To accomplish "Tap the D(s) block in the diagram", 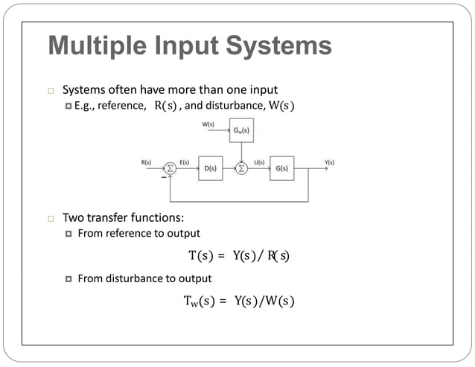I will point(211,168).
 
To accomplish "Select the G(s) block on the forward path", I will point(282,168).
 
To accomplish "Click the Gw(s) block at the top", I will point(241,130).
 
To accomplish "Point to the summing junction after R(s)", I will point(170,168).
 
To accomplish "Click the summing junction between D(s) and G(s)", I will point(241,168).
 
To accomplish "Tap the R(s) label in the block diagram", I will point(146,162).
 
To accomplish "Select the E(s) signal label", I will point(184,162).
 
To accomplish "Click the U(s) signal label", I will point(259,162).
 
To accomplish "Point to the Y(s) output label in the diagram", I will point(329,162).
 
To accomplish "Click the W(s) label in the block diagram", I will point(208,124).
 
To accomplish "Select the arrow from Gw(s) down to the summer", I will point(241,152).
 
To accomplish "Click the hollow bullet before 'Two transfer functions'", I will point(51,219).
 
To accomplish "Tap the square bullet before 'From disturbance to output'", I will point(68,279).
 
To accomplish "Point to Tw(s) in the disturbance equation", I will point(197,301).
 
